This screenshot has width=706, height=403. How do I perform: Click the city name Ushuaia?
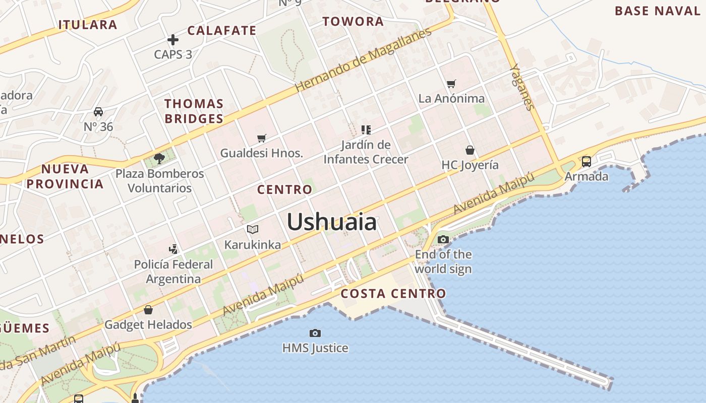tap(332, 222)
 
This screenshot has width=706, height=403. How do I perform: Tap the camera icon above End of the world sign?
tap(443, 239)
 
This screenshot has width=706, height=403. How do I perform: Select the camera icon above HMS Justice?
tap(315, 333)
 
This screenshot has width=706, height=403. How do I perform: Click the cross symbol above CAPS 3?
tap(173, 39)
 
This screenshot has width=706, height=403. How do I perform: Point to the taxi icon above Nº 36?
tap(98, 112)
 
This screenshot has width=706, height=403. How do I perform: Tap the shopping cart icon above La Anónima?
tap(451, 84)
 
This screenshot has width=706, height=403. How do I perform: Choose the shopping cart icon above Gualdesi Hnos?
tap(261, 138)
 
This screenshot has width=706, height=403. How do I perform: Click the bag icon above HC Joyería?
tap(470, 150)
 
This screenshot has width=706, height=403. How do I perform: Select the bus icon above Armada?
tap(586, 162)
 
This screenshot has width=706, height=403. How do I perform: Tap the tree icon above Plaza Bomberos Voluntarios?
tap(159, 159)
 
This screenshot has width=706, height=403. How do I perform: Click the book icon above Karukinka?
tap(253, 230)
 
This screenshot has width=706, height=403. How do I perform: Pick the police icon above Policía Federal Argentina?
tap(173, 249)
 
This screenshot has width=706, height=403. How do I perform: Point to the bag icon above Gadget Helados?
tap(148, 309)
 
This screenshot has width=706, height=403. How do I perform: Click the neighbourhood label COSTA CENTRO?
tap(393, 294)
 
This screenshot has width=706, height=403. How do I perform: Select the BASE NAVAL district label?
tap(658, 11)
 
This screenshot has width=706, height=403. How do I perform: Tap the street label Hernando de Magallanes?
tap(363, 59)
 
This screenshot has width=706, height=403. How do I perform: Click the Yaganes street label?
tap(521, 87)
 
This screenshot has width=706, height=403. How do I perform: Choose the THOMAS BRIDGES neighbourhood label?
tap(194, 111)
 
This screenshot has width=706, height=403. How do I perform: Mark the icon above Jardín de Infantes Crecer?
tap(366, 130)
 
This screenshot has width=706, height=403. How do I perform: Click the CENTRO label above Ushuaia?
tap(284, 190)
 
